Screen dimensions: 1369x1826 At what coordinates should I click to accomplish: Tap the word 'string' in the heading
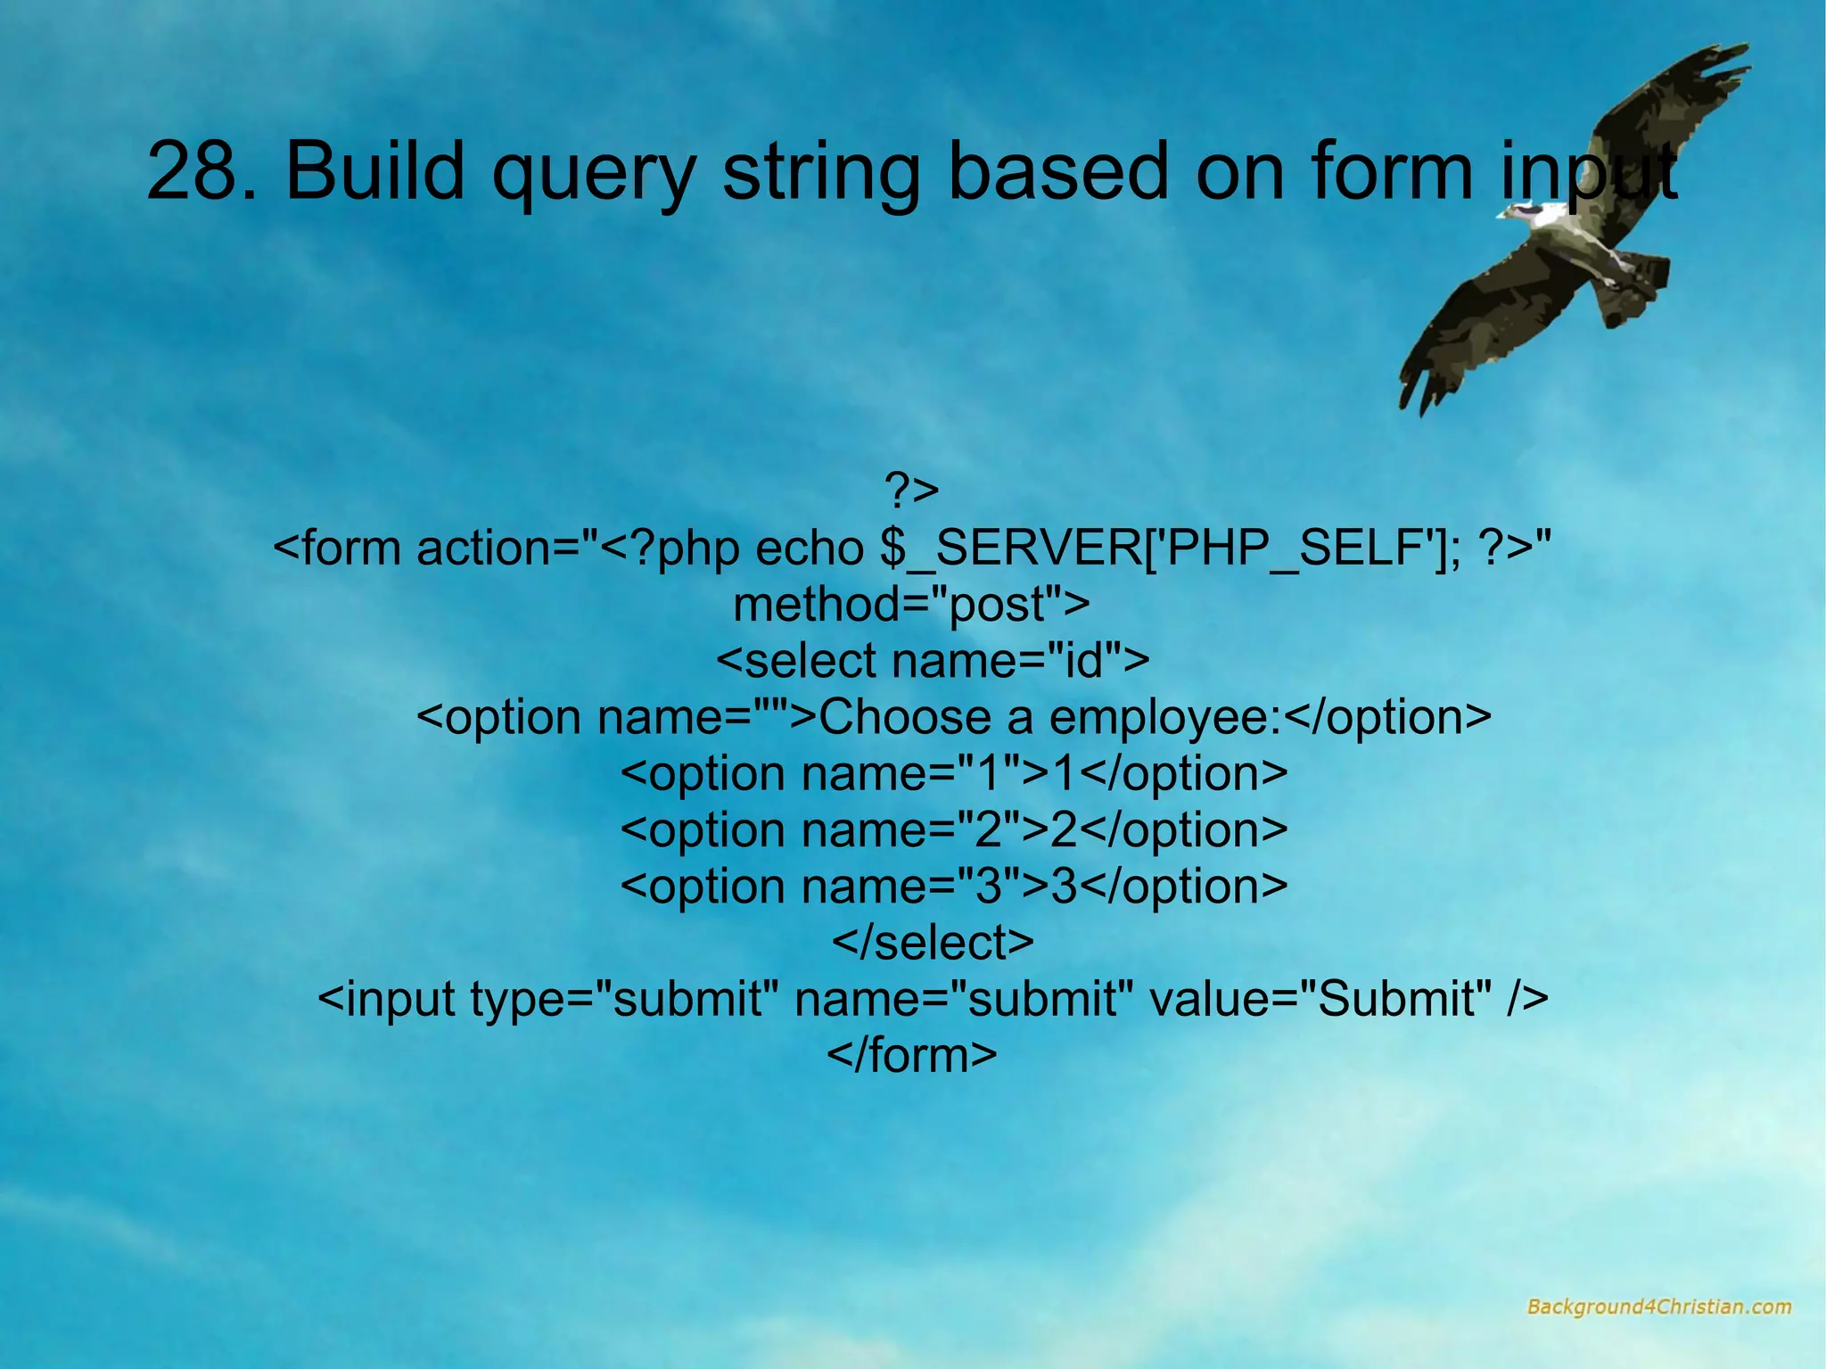(820, 174)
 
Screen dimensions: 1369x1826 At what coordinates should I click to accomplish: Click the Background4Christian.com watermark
(1658, 1307)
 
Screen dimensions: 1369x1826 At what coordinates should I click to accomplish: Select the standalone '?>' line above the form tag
(911, 490)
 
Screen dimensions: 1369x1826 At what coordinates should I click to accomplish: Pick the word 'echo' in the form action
(810, 548)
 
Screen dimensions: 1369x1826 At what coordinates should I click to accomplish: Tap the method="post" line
(911, 604)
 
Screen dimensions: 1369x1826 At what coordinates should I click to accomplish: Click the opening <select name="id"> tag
(933, 661)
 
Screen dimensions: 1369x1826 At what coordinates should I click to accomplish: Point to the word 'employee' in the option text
(1164, 718)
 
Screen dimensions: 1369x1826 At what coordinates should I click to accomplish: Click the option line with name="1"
(954, 773)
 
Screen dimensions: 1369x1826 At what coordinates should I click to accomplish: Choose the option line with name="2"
(954, 829)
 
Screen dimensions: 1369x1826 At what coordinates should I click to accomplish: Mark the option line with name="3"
(954, 886)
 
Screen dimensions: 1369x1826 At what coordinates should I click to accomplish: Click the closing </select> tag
(933, 943)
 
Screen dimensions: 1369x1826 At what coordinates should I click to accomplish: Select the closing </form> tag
(911, 1055)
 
